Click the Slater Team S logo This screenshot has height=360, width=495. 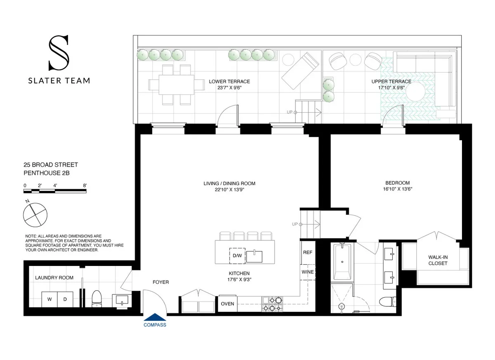[59, 53]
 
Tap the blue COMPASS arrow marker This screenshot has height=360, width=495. [155, 317]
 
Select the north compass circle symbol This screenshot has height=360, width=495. [35, 214]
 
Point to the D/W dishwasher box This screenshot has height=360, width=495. [237, 256]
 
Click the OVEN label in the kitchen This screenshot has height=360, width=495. [228, 304]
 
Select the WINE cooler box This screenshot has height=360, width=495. [308, 272]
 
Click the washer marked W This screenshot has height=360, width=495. [49, 299]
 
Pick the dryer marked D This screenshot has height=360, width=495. [65, 299]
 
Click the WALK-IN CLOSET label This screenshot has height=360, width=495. [438, 260]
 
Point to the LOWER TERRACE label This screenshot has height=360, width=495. [229, 82]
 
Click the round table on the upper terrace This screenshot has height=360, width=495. [420, 93]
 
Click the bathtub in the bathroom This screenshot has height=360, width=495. [342, 262]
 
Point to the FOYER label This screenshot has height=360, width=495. [160, 282]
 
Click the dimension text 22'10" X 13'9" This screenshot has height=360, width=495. [232, 190]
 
